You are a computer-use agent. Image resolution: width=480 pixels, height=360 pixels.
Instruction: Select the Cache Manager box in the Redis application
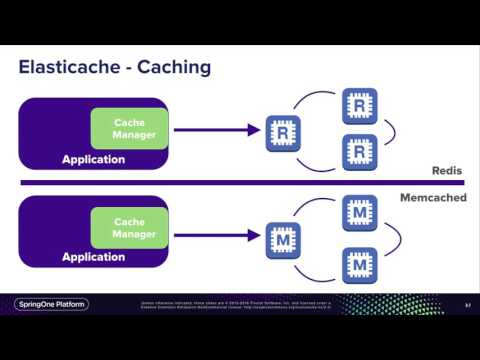[129, 128]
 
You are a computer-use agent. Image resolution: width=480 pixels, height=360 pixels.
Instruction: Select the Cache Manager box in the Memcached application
[129, 228]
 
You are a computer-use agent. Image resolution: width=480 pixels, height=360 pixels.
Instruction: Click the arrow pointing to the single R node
[216, 129]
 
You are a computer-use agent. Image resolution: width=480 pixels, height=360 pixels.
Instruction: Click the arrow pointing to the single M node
[216, 237]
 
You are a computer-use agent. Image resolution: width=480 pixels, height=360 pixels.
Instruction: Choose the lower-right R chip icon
[359, 153]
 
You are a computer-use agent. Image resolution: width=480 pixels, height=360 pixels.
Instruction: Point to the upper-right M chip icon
[359, 213]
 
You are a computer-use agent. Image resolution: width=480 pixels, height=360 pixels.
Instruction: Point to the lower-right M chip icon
[359, 265]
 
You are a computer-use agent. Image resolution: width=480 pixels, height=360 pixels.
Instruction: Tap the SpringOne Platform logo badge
[55, 304]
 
